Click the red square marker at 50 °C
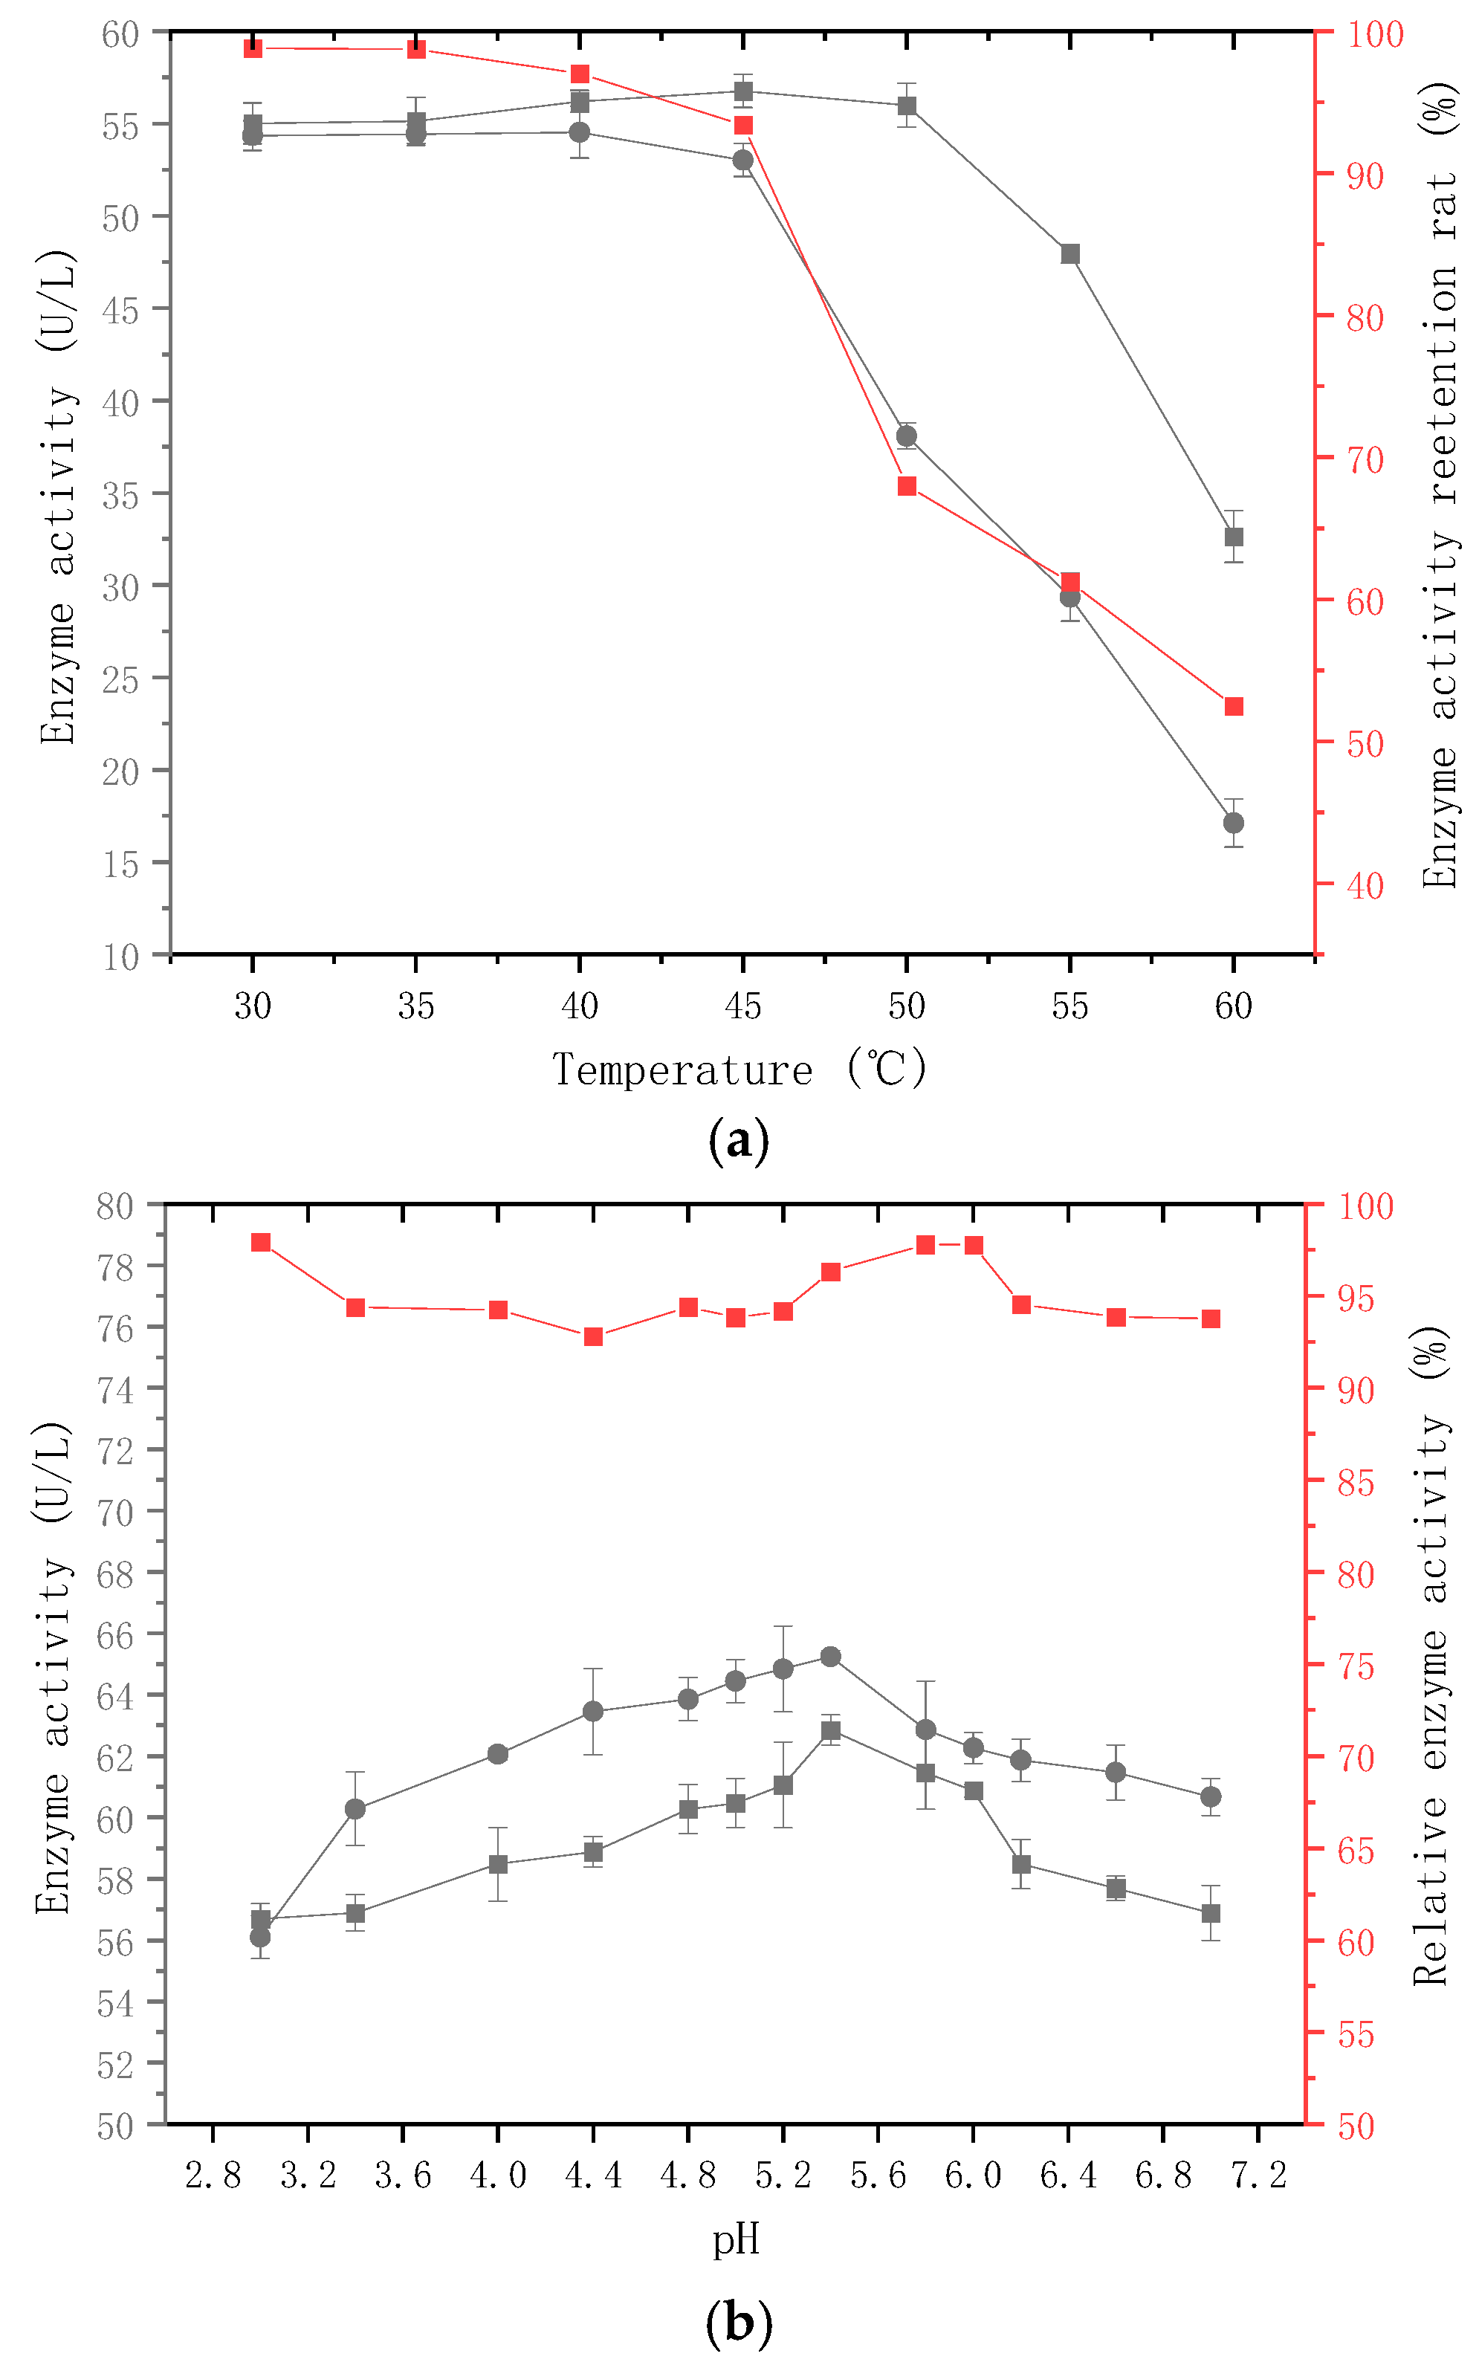click(907, 486)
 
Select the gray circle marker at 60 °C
click(1234, 823)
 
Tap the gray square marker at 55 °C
click(1070, 254)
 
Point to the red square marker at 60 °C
click(1234, 706)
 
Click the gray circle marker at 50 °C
click(907, 436)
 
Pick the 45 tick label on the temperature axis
click(742, 1006)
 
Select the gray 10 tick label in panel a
click(121, 957)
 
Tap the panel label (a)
click(739, 1140)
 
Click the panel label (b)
click(739, 2322)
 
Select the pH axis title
click(736, 2239)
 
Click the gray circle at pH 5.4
click(830, 1656)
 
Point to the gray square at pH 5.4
click(830, 1731)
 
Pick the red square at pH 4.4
click(593, 1337)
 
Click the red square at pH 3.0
click(261, 1242)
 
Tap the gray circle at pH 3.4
click(355, 1808)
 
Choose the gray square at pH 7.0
click(1211, 1912)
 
